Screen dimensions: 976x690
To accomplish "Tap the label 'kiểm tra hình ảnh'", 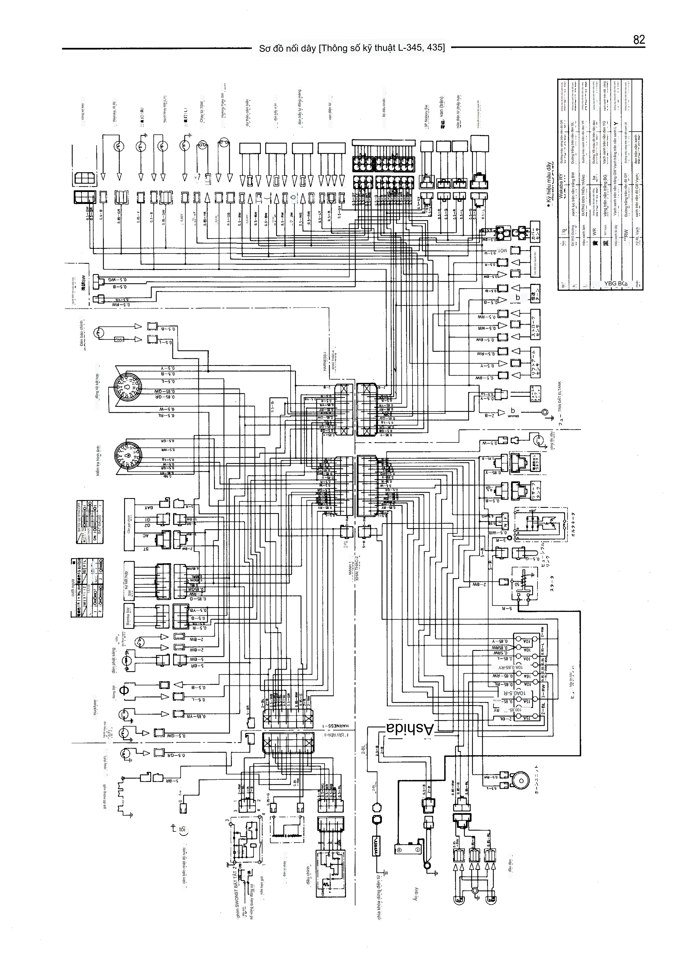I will [98, 461].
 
